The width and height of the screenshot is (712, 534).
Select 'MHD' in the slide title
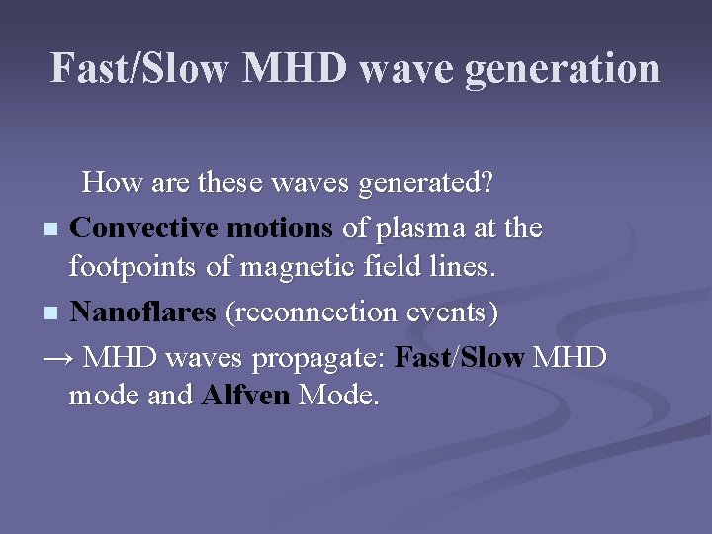pyautogui.click(x=295, y=69)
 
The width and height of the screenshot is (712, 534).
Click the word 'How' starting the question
pyautogui.click(x=110, y=183)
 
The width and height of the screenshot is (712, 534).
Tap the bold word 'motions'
pyautogui.click(x=280, y=228)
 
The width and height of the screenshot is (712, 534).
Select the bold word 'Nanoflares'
pyautogui.click(x=144, y=312)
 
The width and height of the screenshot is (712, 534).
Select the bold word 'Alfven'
pyautogui.click(x=245, y=397)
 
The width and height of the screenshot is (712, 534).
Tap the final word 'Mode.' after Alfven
pyautogui.click(x=339, y=397)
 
